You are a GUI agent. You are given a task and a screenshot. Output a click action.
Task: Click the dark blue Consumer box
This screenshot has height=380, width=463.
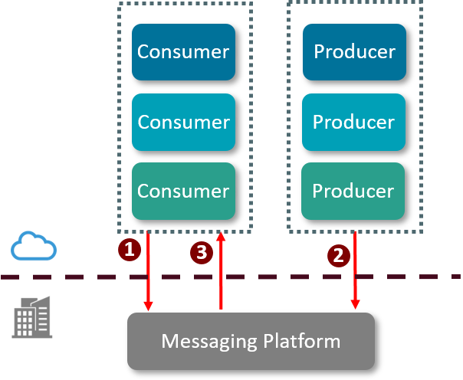183,52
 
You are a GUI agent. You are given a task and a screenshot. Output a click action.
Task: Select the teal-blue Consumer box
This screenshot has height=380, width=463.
183,122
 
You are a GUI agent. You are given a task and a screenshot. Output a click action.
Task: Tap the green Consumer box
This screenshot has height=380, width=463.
183,191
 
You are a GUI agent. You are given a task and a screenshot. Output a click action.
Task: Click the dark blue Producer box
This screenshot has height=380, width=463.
354,52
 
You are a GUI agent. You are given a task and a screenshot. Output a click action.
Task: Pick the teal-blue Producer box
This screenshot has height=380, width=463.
354,122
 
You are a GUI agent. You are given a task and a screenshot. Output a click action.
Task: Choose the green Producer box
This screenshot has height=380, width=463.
353,191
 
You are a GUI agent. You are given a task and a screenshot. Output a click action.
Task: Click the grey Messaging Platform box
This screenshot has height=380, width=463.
251,341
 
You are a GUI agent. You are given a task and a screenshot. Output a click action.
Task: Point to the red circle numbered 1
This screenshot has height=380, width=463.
130,249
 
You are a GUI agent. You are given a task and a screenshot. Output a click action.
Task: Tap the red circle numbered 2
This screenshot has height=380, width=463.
337,255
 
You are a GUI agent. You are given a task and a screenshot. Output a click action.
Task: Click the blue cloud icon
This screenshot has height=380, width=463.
34,247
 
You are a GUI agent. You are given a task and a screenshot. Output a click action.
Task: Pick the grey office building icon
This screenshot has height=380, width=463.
32,316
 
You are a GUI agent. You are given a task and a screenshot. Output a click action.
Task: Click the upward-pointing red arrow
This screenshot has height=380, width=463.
221,272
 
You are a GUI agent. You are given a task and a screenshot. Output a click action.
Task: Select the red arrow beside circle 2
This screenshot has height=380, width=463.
355,272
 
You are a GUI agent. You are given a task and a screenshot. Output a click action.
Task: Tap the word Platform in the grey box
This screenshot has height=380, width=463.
302,341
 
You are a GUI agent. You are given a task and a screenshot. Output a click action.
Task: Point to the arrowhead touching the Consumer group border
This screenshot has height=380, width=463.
221,238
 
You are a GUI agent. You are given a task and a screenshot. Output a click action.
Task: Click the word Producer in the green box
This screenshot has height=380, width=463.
353,191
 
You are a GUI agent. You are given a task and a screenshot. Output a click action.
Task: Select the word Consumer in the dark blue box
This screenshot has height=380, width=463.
183,52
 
